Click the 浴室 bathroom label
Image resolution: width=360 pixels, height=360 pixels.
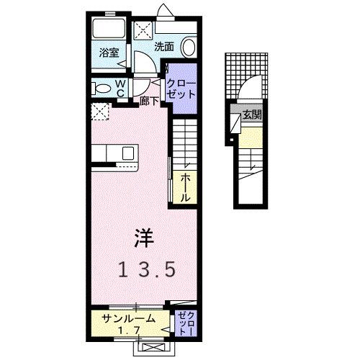point(109,53)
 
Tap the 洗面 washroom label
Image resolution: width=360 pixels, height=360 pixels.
point(163,47)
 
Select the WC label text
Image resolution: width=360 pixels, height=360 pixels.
point(121,88)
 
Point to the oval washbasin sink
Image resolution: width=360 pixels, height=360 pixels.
point(188,47)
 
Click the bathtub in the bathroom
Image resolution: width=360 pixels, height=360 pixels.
point(109,30)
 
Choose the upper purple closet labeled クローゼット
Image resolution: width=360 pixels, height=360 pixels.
point(180,89)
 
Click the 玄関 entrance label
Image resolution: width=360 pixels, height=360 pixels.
point(252,114)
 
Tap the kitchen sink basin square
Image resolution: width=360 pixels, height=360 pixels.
point(128,153)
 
